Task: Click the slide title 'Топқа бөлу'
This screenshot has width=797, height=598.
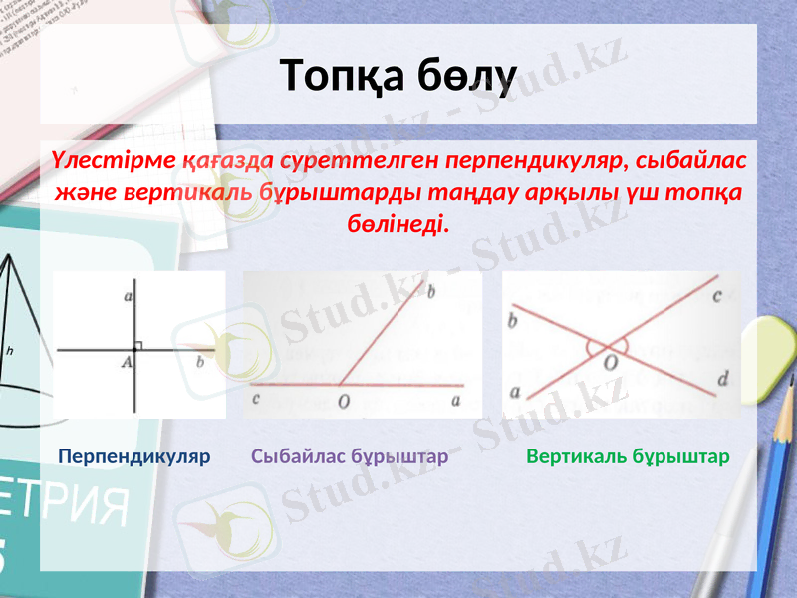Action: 398,76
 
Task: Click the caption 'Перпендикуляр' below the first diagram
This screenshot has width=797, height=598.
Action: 134,457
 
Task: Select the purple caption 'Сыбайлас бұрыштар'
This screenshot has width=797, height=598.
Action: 350,457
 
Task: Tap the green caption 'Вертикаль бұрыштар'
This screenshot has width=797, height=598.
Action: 628,457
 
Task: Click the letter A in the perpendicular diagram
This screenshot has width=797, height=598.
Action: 128,363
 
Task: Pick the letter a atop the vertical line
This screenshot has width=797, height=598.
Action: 128,296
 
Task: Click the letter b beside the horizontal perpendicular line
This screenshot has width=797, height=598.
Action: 200,362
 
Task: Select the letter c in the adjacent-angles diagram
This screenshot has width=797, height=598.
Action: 257,400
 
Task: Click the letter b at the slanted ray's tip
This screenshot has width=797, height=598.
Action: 431,293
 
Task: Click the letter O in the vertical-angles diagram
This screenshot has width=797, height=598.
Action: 610,365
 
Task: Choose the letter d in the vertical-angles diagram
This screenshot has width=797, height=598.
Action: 722,378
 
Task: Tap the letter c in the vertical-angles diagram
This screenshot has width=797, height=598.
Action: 716,295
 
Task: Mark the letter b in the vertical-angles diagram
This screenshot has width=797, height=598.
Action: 512,321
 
